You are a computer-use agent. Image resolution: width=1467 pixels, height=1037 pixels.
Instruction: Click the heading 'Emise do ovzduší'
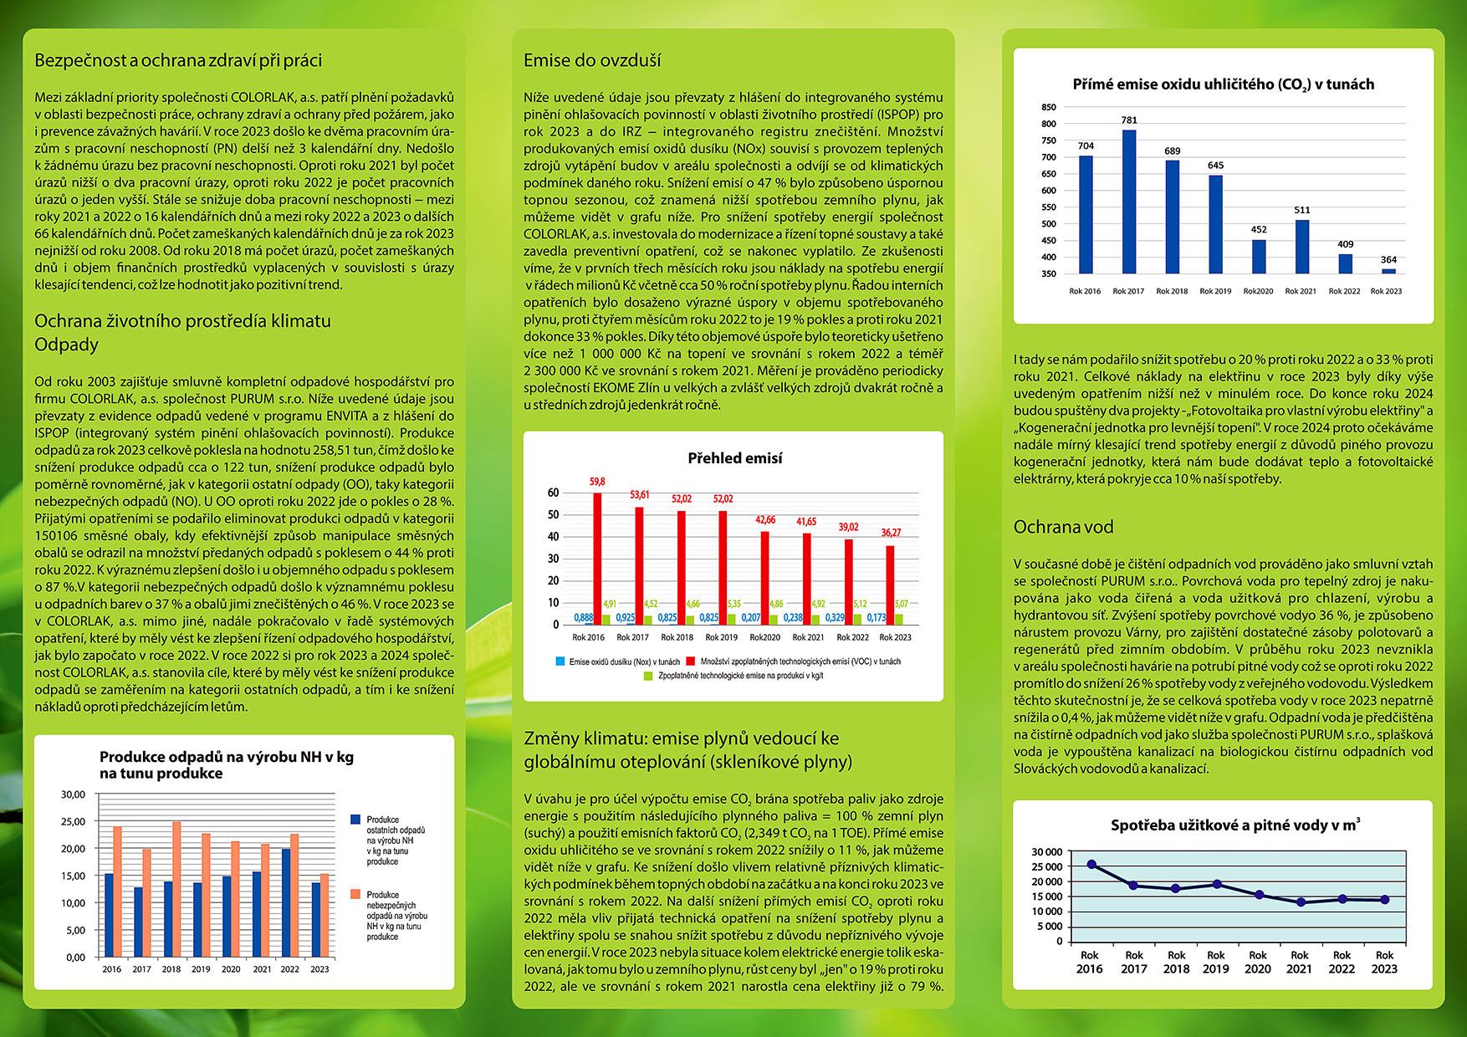pyautogui.click(x=592, y=60)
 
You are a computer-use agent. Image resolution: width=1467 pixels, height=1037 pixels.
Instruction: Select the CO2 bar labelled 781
pyautogui.click(x=1129, y=201)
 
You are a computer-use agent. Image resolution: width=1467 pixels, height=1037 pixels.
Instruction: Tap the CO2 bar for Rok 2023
pyautogui.click(x=1388, y=271)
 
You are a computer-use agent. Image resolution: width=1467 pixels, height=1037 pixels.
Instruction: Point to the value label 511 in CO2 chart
pyautogui.click(x=1302, y=210)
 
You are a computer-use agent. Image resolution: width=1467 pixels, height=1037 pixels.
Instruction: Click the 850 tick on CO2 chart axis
pyautogui.click(x=1049, y=107)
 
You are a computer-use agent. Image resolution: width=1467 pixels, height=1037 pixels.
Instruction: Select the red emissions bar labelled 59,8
pyautogui.click(x=597, y=558)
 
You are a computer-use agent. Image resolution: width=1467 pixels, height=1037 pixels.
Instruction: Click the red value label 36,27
pyautogui.click(x=891, y=533)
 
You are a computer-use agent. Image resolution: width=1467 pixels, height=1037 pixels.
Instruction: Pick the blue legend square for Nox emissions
pyautogui.click(x=560, y=662)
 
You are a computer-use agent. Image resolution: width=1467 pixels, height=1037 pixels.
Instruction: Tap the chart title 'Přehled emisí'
pyautogui.click(x=734, y=458)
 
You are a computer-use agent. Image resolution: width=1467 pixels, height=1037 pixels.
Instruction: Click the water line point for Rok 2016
pyautogui.click(x=1091, y=865)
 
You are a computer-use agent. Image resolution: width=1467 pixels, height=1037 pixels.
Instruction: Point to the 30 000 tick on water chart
pyautogui.click(x=1047, y=852)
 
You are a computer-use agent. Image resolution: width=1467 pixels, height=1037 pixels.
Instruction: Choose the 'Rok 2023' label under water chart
pyautogui.click(x=1384, y=962)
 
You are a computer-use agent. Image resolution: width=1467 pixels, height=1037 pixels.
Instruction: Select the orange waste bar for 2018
pyautogui.click(x=176, y=890)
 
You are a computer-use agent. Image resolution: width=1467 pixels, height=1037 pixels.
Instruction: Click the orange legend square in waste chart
pyautogui.click(x=355, y=895)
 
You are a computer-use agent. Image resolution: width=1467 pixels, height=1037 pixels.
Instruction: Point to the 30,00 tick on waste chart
pyautogui.click(x=74, y=794)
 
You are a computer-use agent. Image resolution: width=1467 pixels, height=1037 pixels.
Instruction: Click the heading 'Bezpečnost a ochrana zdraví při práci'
pyautogui.click(x=178, y=60)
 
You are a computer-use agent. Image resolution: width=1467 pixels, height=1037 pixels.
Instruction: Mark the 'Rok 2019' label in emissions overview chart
pyautogui.click(x=721, y=637)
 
